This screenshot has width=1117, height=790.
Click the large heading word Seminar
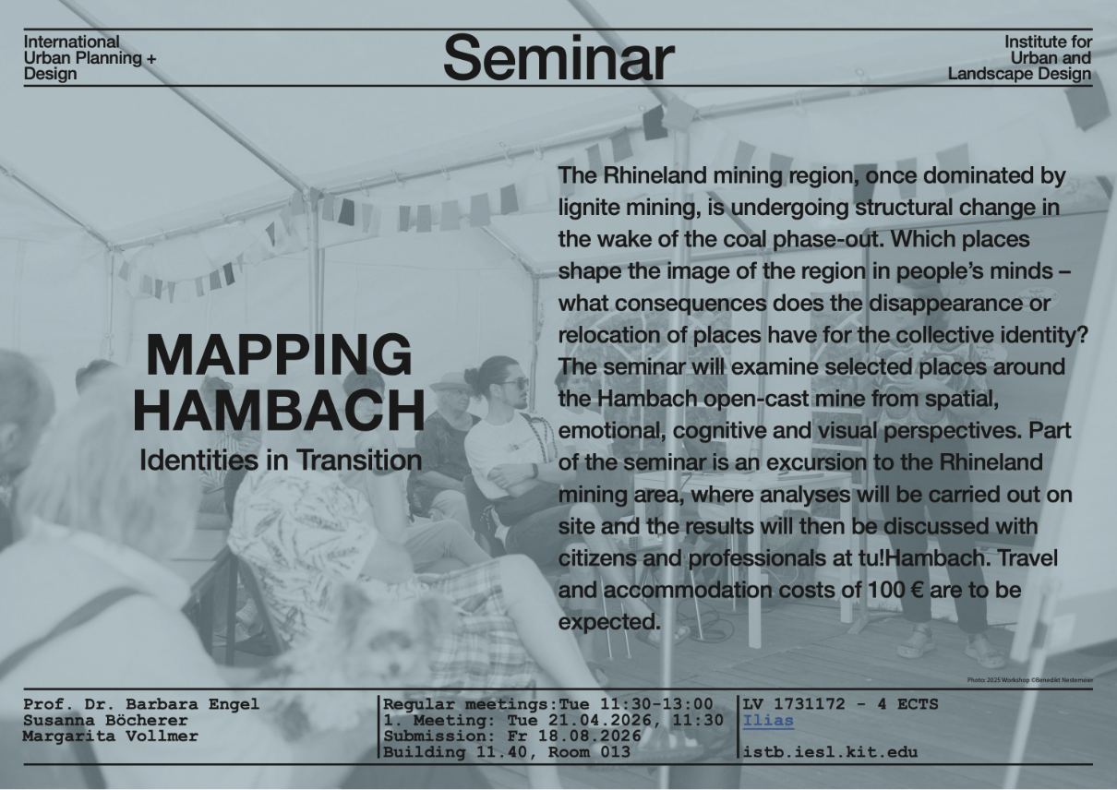(x=558, y=58)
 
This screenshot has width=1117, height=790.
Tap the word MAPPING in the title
(x=279, y=355)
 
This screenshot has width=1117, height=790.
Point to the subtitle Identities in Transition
(x=281, y=460)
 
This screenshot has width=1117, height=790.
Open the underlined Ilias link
(x=768, y=720)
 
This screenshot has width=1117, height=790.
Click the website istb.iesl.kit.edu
(x=830, y=751)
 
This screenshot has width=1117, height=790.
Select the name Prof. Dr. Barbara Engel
(x=141, y=704)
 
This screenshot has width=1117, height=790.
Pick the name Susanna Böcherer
(x=105, y=720)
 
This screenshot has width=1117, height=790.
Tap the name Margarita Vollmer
(x=110, y=736)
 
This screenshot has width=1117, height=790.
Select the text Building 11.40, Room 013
(x=507, y=751)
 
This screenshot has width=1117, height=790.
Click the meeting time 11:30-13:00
(x=656, y=704)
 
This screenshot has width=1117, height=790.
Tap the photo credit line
(x=1030, y=680)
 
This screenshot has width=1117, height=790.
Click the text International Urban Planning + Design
(x=90, y=58)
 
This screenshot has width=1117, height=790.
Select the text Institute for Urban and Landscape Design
(x=1020, y=58)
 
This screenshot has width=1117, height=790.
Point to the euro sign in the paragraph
(x=915, y=590)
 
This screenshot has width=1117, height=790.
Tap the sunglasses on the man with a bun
(x=513, y=385)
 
